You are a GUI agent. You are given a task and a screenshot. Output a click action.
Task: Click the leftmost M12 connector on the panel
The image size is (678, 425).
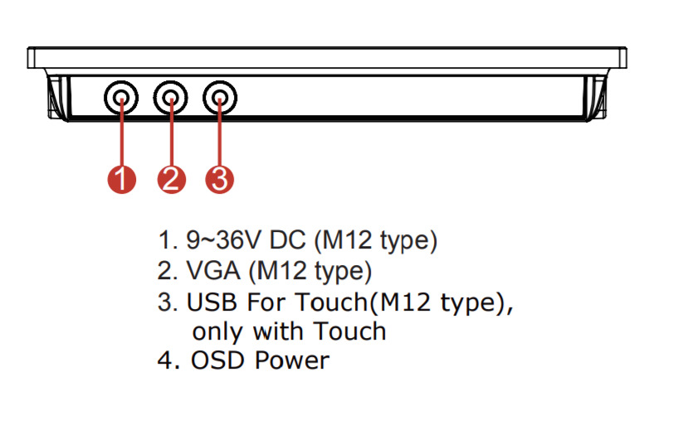tap(122, 99)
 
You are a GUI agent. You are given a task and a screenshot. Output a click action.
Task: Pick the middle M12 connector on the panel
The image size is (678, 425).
tap(171, 99)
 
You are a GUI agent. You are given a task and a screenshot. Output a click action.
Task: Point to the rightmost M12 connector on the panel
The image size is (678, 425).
tap(220, 99)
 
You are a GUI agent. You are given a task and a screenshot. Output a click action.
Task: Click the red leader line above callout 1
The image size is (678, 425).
tap(122, 137)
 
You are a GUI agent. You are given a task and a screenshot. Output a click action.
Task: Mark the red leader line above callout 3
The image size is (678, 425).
tap(220, 137)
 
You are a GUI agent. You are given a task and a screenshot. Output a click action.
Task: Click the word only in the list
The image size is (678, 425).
tap(219, 331)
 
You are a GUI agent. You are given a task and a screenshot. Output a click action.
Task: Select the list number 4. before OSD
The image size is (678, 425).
tap(169, 361)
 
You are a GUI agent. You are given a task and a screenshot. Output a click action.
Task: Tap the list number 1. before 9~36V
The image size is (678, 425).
tap(168, 241)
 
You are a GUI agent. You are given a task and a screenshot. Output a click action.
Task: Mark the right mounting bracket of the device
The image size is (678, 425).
tap(596, 96)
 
